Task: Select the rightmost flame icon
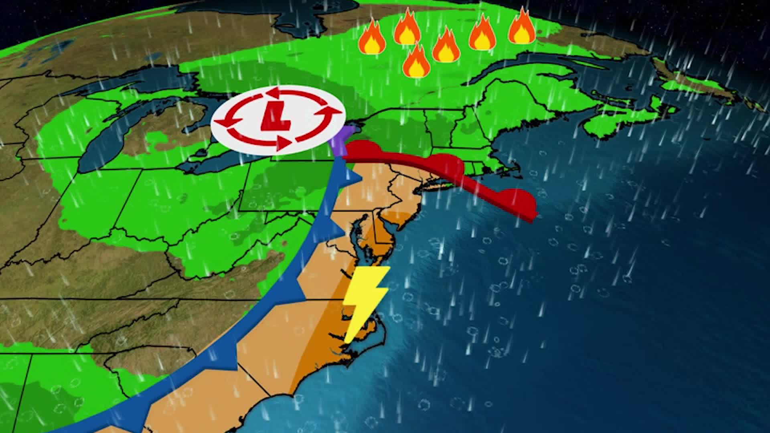(522, 26)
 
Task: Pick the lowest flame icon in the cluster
(416, 62)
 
